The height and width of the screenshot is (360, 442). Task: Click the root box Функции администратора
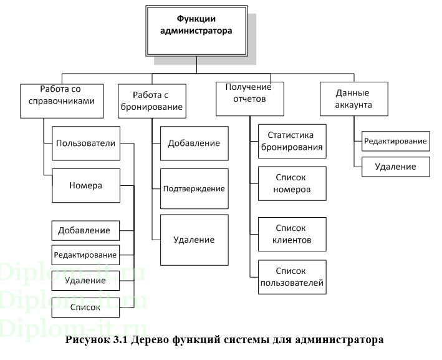(x=196, y=31)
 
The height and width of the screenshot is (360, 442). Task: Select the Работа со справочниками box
(x=62, y=101)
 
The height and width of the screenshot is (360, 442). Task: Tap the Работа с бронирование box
(x=152, y=101)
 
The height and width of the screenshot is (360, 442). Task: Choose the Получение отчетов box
(x=250, y=99)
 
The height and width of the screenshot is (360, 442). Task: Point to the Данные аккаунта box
(x=353, y=99)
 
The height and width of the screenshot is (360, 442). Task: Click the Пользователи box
(x=86, y=144)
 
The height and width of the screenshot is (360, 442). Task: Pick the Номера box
(x=86, y=186)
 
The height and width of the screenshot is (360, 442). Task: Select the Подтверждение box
(x=195, y=189)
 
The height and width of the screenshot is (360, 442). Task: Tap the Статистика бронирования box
(x=292, y=141)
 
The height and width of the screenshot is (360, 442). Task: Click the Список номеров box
(x=292, y=183)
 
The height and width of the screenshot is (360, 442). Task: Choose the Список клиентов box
(x=292, y=234)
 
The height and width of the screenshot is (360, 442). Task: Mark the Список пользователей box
(x=292, y=277)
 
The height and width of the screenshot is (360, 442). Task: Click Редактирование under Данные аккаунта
(x=396, y=141)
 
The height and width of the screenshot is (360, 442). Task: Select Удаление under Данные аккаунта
(x=396, y=167)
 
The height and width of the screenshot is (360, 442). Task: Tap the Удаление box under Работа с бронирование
(x=195, y=240)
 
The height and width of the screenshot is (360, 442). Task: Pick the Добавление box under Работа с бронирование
(x=195, y=144)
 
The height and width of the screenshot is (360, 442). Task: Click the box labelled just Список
(x=85, y=307)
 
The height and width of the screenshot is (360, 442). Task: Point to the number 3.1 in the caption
(x=120, y=339)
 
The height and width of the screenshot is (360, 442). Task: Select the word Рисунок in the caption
(x=88, y=340)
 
